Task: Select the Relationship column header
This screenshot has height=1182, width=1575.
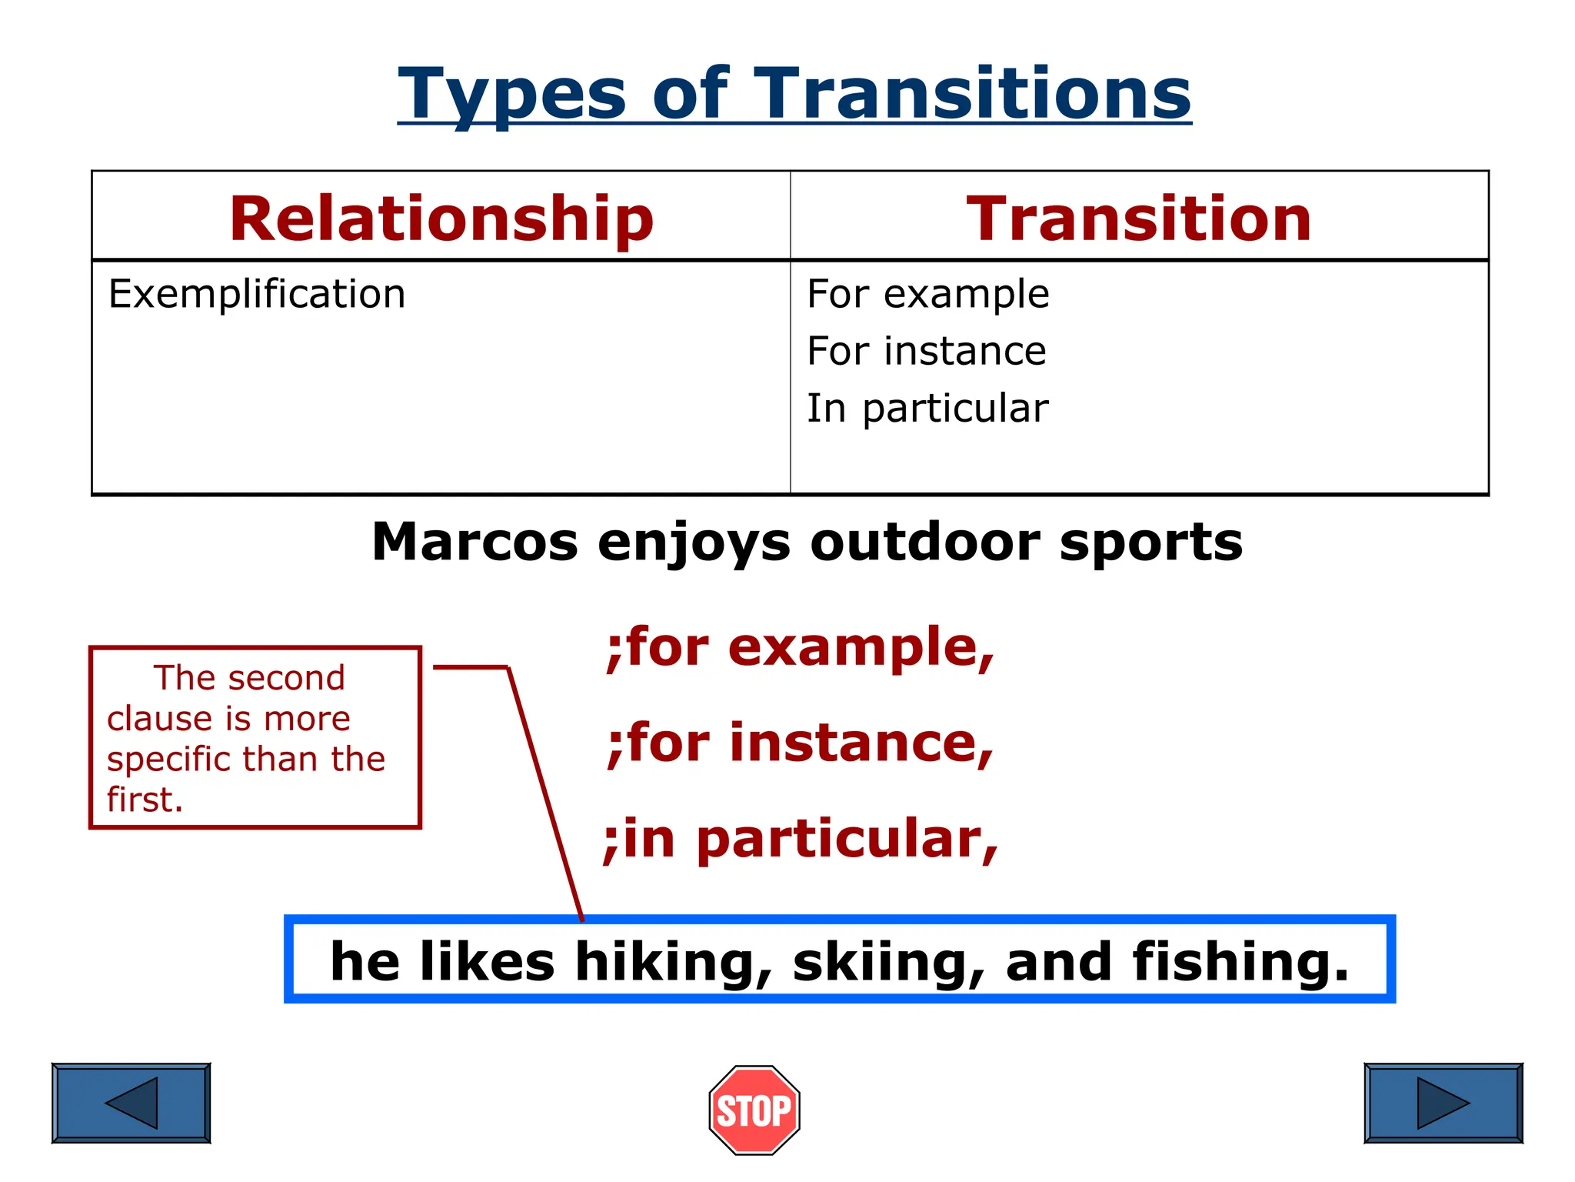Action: click(441, 219)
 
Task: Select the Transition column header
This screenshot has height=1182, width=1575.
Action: click(1139, 219)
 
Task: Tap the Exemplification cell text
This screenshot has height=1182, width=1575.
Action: click(257, 294)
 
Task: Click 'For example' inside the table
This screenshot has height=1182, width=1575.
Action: click(927, 294)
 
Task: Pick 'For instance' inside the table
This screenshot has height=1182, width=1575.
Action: click(926, 351)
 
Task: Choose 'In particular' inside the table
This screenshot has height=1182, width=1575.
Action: click(927, 408)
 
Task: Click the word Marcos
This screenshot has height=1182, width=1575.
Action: click(474, 542)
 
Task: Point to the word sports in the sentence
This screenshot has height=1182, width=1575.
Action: click(1150, 542)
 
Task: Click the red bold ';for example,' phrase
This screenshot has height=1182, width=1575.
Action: click(800, 647)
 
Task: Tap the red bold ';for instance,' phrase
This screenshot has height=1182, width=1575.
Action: click(800, 743)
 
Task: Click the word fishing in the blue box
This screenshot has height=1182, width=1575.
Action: click(1240, 962)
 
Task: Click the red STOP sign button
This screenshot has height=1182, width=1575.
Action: click(754, 1110)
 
